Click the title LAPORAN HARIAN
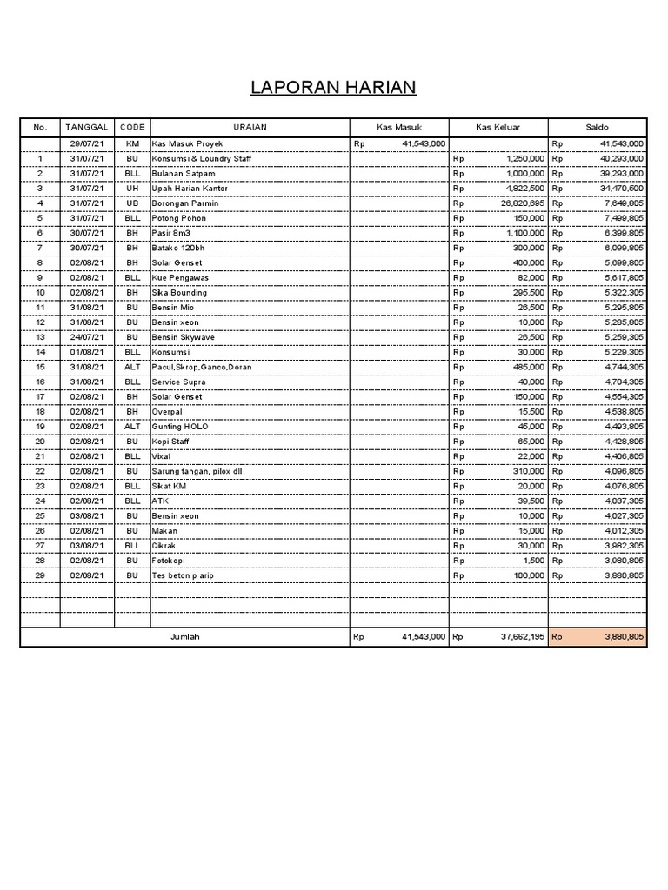pos(333,88)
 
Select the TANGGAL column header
pos(86,128)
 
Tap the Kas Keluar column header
pos(498,128)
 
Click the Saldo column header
pos(598,128)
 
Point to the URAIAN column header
pos(249,128)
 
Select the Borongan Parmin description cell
pos(185,203)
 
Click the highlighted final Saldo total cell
pos(598,637)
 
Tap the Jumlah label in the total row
pos(184,637)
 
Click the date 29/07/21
pos(87,143)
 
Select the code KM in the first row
pos(132,143)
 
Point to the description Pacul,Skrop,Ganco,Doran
pos(202,368)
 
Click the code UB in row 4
pos(132,203)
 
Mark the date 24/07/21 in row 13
pos(87,337)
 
